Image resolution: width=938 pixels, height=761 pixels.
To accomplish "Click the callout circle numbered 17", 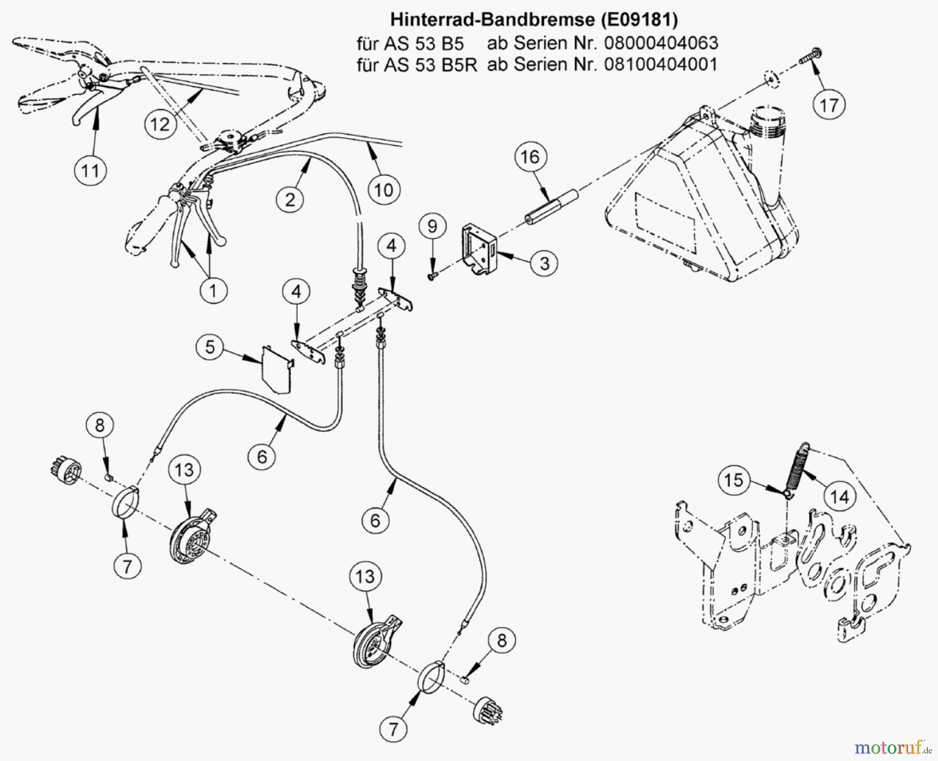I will click(x=829, y=105).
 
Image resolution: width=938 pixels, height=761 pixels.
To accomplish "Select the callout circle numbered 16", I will click(x=530, y=156).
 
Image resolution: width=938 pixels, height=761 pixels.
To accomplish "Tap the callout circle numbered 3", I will click(x=544, y=263).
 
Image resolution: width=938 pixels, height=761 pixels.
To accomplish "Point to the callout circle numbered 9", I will click(x=432, y=227).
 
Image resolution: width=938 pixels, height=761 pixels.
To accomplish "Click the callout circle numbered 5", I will click(x=210, y=347).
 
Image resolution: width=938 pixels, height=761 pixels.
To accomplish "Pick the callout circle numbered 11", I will click(x=91, y=171).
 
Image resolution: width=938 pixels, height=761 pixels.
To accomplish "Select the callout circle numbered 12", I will click(x=161, y=124).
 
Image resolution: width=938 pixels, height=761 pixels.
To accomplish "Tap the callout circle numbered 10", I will click(x=384, y=189).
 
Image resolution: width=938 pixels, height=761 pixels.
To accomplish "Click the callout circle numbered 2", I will click(x=290, y=199).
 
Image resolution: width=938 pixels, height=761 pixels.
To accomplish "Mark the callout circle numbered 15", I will click(x=734, y=480).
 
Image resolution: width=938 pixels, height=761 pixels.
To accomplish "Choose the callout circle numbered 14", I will click(x=840, y=497).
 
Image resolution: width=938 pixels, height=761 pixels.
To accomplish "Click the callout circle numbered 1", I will click(x=213, y=290).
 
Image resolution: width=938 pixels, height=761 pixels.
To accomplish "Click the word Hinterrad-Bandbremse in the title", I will click(x=492, y=20).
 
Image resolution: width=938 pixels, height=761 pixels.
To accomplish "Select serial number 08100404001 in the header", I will click(x=660, y=65).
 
